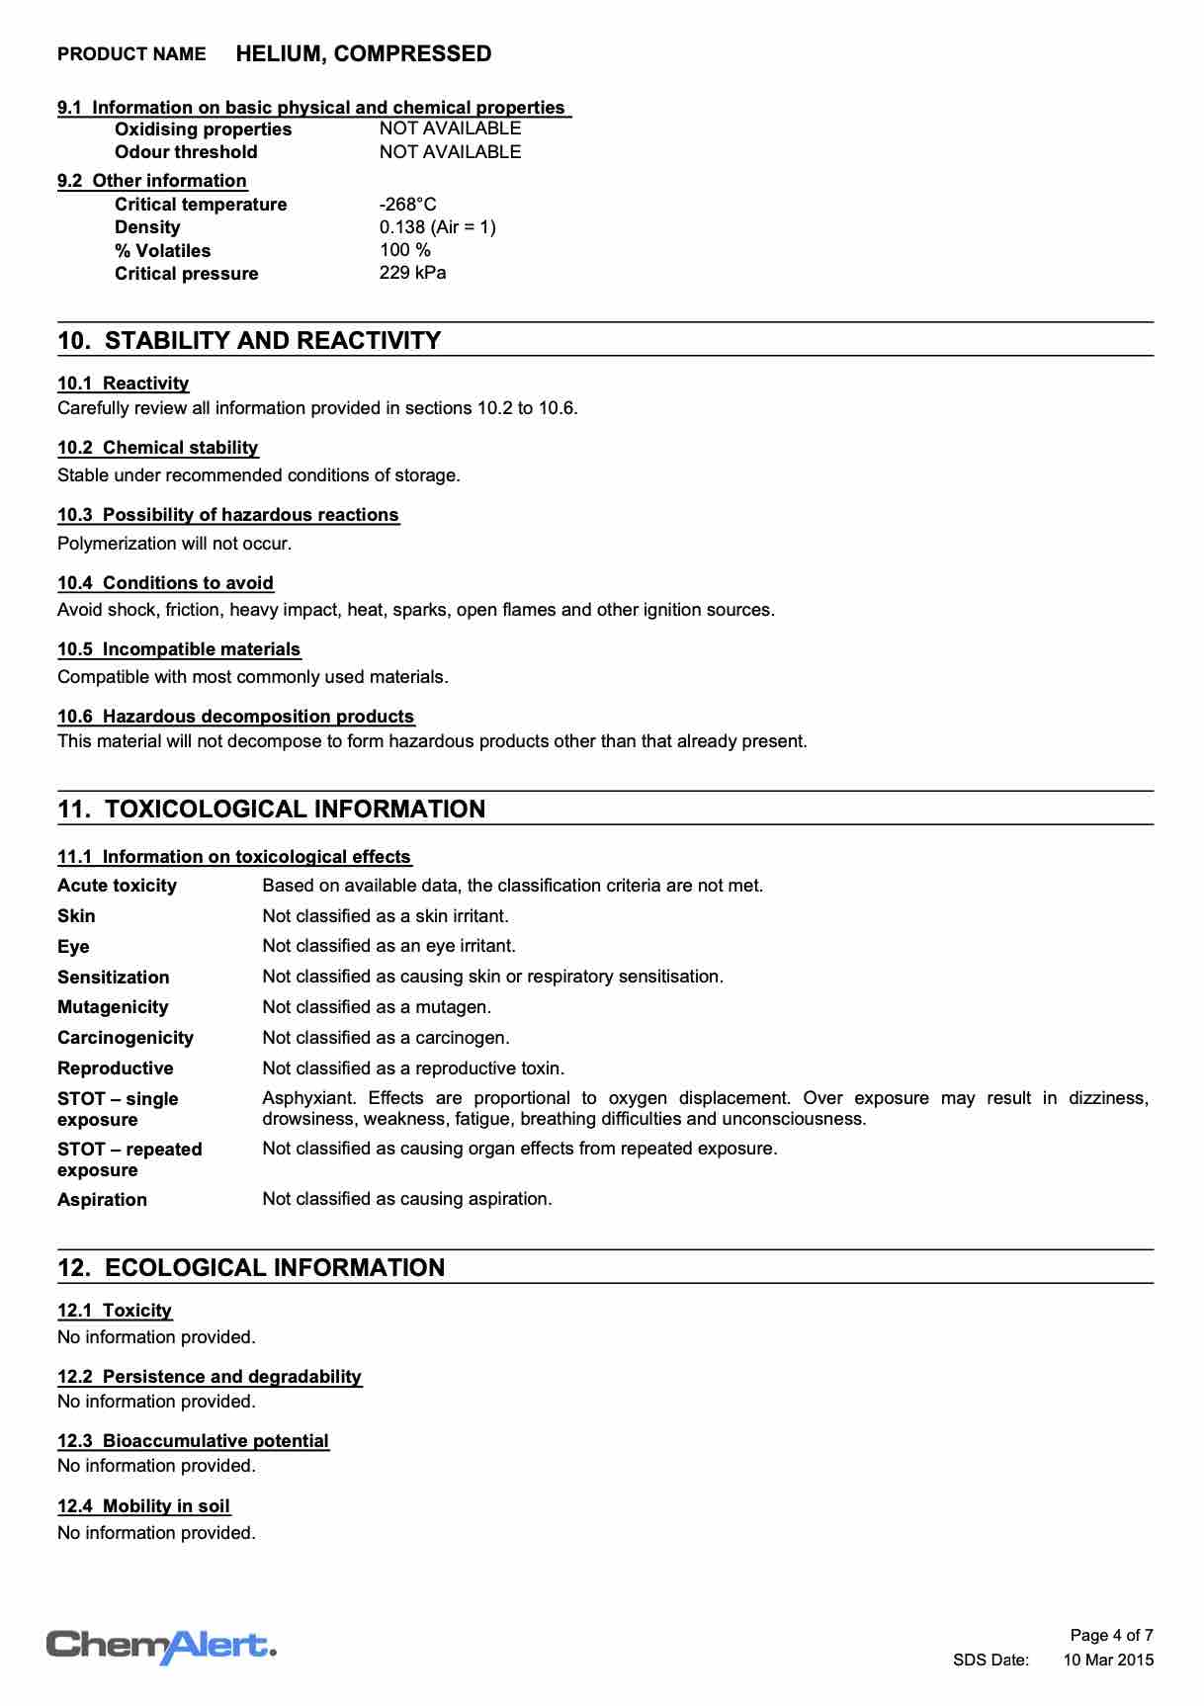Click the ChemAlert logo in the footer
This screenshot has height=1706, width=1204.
tap(161, 1647)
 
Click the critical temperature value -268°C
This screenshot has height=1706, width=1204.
tap(407, 205)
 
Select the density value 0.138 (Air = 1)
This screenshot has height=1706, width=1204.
tap(437, 227)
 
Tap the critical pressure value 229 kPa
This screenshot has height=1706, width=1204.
tap(412, 273)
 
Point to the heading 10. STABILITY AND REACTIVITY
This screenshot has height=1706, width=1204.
tap(249, 341)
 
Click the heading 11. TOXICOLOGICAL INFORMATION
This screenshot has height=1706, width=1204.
tap(272, 810)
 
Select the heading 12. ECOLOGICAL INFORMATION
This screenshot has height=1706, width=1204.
tap(251, 1268)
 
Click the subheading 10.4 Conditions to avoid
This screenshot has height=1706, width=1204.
tap(165, 583)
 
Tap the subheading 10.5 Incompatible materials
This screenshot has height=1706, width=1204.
tap(179, 649)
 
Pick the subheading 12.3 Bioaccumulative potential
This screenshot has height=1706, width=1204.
tap(193, 1441)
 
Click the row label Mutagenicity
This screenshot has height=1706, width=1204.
tap(113, 1007)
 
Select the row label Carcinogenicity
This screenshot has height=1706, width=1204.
tap(126, 1038)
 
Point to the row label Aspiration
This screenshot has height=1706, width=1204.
tap(102, 1200)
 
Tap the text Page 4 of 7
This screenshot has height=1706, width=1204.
tap(1111, 1636)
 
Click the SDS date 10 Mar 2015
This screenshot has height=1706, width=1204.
tap(1108, 1661)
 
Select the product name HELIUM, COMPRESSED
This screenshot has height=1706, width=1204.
tap(363, 54)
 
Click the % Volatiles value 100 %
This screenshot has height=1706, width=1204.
tap(404, 250)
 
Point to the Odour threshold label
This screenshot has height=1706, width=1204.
tap(186, 152)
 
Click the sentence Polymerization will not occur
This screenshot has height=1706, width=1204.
tap(174, 544)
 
